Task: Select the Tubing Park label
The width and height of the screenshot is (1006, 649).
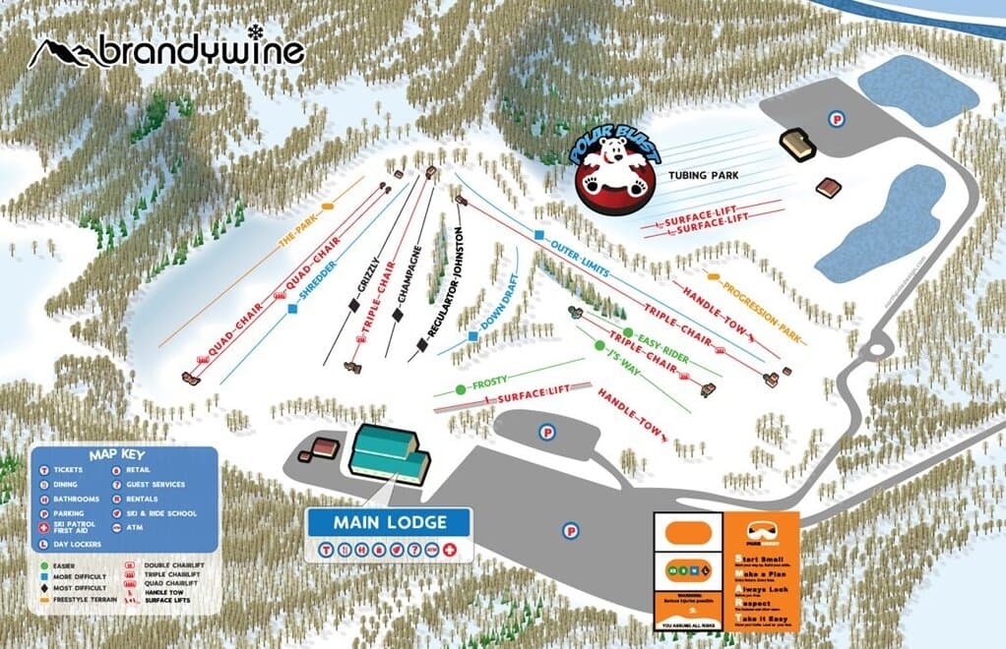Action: coord(704,175)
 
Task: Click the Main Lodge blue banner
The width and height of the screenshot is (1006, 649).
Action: coord(389,522)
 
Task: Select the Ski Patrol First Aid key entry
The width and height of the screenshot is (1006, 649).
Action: coord(74,528)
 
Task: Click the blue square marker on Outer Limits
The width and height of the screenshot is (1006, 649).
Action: coord(539,234)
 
